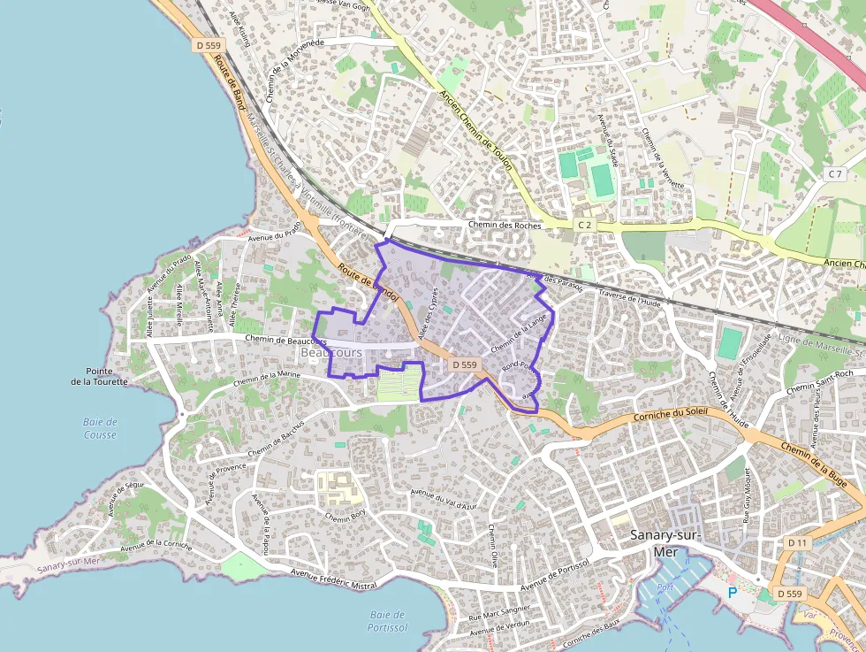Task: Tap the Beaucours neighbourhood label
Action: click(x=331, y=352)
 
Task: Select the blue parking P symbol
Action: click(x=732, y=592)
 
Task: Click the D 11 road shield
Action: click(x=797, y=542)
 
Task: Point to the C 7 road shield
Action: click(x=834, y=174)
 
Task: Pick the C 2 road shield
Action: click(x=584, y=226)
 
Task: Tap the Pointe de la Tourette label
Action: click(x=100, y=377)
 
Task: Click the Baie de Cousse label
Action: click(x=100, y=428)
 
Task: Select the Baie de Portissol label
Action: click(x=387, y=621)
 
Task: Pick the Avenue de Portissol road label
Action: click(x=555, y=577)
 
